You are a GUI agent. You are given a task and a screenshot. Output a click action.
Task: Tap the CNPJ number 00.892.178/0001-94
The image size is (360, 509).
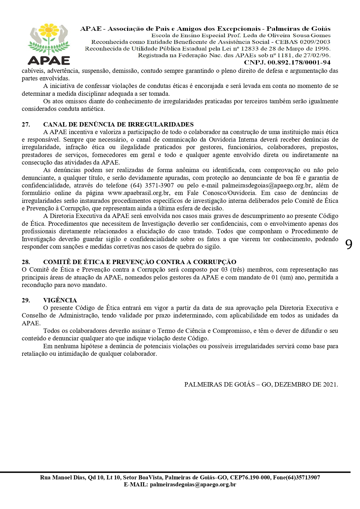click(x=299, y=62)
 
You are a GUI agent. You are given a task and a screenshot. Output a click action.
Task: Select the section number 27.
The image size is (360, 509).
click(x=26, y=124)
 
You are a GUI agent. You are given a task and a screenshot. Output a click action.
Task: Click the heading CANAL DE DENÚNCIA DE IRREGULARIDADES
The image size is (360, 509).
click(x=118, y=124)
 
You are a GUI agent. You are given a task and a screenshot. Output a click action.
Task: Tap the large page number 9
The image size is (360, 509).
click(x=349, y=245)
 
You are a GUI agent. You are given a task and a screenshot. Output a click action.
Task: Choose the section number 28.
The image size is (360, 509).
click(x=26, y=262)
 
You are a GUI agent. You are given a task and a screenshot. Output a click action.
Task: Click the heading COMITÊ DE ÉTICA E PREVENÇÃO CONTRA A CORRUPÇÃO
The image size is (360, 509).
click(x=140, y=262)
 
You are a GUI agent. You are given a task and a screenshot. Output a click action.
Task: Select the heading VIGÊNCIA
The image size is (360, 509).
click(x=60, y=300)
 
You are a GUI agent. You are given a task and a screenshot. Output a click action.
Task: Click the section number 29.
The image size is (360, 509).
click(x=26, y=300)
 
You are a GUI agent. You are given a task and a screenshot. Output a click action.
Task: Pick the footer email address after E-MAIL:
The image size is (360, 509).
click(x=193, y=484)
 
